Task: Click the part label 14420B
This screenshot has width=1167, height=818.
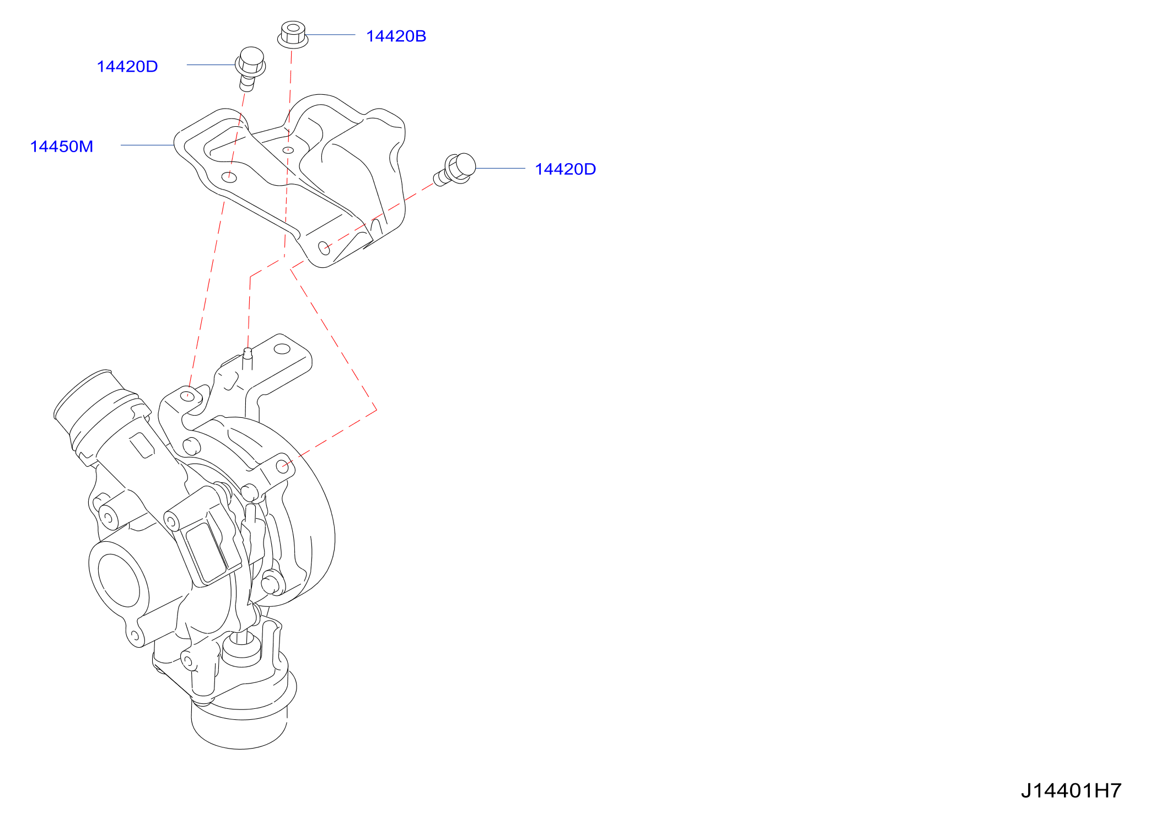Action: (x=396, y=36)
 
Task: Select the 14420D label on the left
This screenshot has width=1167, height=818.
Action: (x=127, y=67)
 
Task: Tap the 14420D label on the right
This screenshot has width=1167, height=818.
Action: (x=565, y=169)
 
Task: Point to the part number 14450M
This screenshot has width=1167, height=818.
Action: (x=62, y=147)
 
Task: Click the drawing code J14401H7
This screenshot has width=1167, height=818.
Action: (x=1071, y=790)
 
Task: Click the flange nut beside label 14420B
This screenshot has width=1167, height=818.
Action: (x=293, y=34)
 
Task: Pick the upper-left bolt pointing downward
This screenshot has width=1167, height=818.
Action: (x=251, y=68)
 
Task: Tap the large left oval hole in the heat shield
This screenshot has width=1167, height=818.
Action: (x=229, y=177)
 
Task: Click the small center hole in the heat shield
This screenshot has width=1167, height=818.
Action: (x=288, y=150)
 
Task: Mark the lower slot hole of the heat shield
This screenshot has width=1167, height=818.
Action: (x=324, y=249)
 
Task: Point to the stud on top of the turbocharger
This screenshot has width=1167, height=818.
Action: (x=248, y=359)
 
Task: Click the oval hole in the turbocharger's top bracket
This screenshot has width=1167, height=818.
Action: (x=282, y=349)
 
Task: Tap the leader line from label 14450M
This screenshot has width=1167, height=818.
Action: (x=147, y=146)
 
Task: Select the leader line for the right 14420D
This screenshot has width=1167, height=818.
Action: (x=501, y=169)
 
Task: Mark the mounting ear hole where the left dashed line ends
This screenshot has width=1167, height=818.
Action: (x=187, y=396)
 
